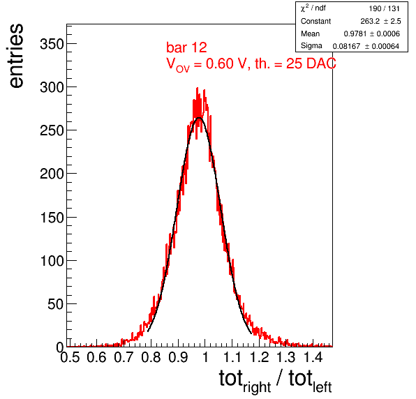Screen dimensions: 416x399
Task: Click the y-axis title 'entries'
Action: tap(16, 56)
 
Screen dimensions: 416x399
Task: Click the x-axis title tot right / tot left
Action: tap(275, 381)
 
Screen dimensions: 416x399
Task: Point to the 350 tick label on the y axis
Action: tap(52, 44)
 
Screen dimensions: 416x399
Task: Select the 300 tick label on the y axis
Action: tap(52, 87)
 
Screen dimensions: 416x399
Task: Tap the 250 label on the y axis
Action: tap(52, 130)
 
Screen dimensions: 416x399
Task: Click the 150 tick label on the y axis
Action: tap(52, 218)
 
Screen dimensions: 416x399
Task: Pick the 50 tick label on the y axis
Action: tap(56, 304)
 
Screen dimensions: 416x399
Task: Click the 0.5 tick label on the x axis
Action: tap(70, 357)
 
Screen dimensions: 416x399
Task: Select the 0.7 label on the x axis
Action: tap(124, 357)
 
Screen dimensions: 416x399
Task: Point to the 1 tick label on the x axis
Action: tap(205, 357)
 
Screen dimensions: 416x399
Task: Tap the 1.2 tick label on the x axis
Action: tap(260, 357)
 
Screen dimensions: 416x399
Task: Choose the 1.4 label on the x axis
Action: tap(313, 357)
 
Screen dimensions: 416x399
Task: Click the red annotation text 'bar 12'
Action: tap(186, 47)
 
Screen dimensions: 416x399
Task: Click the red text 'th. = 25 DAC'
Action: tap(295, 63)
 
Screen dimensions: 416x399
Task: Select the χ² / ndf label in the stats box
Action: tap(313, 8)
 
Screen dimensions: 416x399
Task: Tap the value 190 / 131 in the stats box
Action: tap(384, 9)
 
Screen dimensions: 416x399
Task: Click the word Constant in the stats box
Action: tap(315, 21)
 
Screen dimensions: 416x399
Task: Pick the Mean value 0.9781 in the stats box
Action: tap(355, 33)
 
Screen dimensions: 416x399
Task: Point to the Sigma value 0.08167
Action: tap(346, 47)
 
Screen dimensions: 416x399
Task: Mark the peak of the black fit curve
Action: tap(199, 118)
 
